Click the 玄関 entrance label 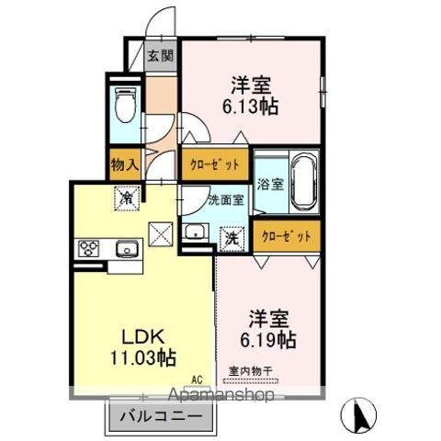pos(160,55)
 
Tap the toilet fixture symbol pos(126,108)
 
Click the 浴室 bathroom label pos(268,181)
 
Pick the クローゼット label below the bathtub pos(287,236)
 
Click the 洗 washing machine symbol pos(232,236)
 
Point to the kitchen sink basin pos(126,248)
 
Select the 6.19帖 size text pos(270,339)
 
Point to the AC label pos(196,378)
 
